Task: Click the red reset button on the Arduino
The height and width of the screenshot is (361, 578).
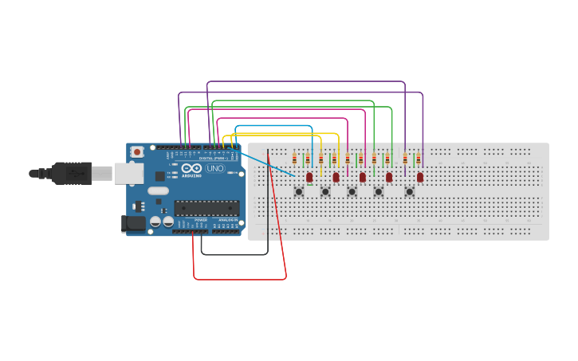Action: coord(137,151)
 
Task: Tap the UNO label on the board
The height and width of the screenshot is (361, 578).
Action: coord(215,168)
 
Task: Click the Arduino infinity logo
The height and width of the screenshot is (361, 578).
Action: coord(191,168)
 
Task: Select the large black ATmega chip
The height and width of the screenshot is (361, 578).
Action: coord(206,208)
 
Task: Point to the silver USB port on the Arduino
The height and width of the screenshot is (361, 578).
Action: coord(128,173)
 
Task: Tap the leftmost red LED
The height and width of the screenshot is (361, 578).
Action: coord(309,177)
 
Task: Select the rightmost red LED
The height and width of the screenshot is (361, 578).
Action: coord(420,177)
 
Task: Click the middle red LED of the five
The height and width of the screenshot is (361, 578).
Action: coord(363,177)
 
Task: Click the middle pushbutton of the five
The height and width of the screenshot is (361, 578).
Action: coord(352,191)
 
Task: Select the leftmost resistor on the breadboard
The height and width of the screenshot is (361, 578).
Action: coord(294,159)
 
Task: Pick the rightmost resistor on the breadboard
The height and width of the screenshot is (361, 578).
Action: coord(418,159)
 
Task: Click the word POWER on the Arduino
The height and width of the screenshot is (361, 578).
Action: coord(200,219)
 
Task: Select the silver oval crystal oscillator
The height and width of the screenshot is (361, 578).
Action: coord(158,190)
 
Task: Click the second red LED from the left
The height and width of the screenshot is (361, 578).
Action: coord(336,177)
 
